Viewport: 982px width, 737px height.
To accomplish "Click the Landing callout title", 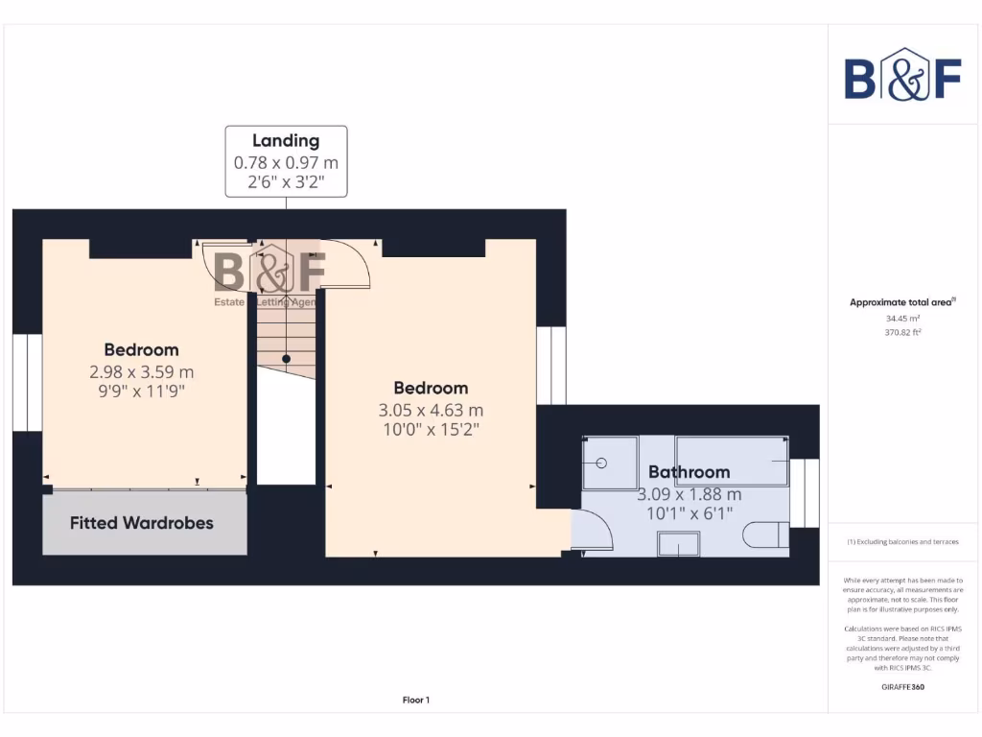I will pyautogui.click(x=286, y=141).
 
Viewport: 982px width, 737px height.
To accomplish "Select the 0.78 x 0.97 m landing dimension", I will pyautogui.click(x=286, y=163).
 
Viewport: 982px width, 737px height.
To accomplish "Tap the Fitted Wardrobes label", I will pyautogui.click(x=142, y=523).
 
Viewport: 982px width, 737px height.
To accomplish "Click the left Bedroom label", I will pyautogui.click(x=141, y=349).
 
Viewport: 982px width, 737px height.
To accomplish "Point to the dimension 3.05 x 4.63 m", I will pyautogui.click(x=431, y=411).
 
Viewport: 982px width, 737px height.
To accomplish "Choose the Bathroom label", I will pyautogui.click(x=689, y=472).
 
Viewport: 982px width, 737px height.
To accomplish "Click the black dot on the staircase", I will pyautogui.click(x=286, y=359).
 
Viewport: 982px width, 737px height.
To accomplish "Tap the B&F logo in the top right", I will pyautogui.click(x=902, y=74).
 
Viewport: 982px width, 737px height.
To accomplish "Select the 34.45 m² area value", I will pyautogui.click(x=902, y=318).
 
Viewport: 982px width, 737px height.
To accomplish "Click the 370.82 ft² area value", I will pyautogui.click(x=902, y=333).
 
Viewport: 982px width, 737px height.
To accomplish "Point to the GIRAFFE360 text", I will pyautogui.click(x=902, y=687).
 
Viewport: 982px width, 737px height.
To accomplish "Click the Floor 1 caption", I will pyautogui.click(x=416, y=701).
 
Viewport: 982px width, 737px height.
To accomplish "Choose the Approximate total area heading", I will pyautogui.click(x=902, y=302).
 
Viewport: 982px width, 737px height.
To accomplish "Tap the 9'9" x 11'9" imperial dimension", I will pyautogui.click(x=141, y=391).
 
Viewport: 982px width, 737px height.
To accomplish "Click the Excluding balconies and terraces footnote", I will pyautogui.click(x=902, y=542).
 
